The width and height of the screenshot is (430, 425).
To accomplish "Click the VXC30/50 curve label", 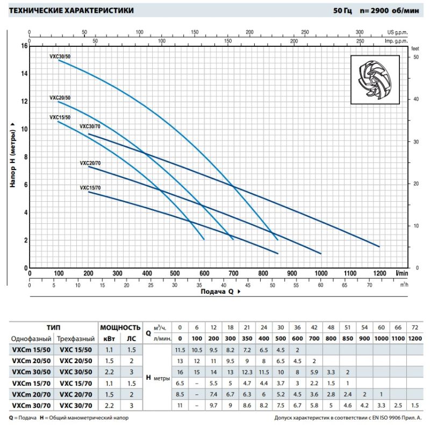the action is pos(60,56).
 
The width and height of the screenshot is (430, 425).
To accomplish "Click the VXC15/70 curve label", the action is pos(90,188).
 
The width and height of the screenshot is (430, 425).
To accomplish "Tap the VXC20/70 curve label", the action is pos(90,163).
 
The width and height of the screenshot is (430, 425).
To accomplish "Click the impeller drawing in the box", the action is pos(375,80).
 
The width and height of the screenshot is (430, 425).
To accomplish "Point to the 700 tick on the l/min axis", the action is pos(233,273).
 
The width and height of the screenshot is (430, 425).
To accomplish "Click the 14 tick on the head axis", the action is pos(25,74).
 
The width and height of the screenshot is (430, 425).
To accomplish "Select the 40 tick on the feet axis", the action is pos(416,99).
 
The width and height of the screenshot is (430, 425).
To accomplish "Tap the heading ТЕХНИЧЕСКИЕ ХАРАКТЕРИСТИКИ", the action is pos(71,10).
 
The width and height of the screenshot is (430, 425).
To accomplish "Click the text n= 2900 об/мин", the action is pos(389,11).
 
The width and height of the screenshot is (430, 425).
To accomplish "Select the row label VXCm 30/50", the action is pos(31,372).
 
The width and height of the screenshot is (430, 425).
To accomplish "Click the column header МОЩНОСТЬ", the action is pos(120,328).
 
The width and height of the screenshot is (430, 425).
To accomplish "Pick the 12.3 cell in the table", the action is pos(247,372).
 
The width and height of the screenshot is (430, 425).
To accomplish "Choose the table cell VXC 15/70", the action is pos(76,383).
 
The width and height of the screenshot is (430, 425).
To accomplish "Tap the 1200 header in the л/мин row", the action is pos(415,338).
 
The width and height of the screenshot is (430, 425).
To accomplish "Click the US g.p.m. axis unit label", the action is pos(397,32).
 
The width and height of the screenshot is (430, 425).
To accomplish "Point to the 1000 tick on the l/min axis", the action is pos(321,273).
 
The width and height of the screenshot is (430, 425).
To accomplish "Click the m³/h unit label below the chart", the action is pos(404,285).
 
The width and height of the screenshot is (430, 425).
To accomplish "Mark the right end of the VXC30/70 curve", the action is pos(379,246).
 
